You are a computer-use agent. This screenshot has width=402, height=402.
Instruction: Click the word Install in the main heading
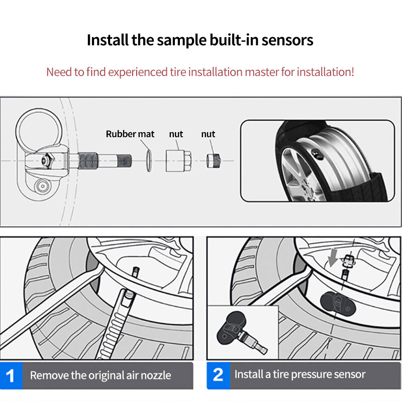click(106, 40)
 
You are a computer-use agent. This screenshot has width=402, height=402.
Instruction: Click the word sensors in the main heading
click(288, 40)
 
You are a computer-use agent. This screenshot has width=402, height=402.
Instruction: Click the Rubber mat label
click(130, 134)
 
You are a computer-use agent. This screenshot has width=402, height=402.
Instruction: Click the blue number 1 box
click(12, 375)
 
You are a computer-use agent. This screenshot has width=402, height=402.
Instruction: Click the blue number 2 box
click(218, 374)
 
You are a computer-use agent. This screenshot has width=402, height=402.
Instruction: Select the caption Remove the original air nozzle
click(100, 375)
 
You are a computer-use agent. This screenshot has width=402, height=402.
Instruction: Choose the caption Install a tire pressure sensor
click(300, 374)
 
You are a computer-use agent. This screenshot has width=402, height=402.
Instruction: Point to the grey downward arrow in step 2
click(332, 257)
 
